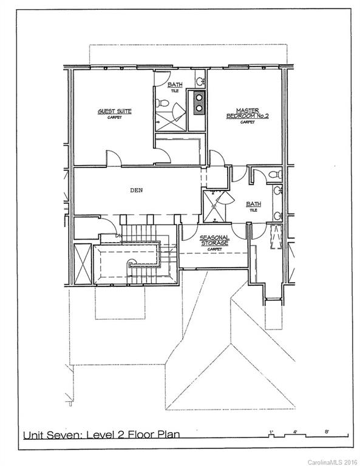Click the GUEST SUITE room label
pos(115,111)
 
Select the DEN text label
pos(137,190)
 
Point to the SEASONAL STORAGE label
pos(214,240)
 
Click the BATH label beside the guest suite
pos(175,84)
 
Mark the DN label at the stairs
pos(120,235)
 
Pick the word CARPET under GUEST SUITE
pos(114,118)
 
